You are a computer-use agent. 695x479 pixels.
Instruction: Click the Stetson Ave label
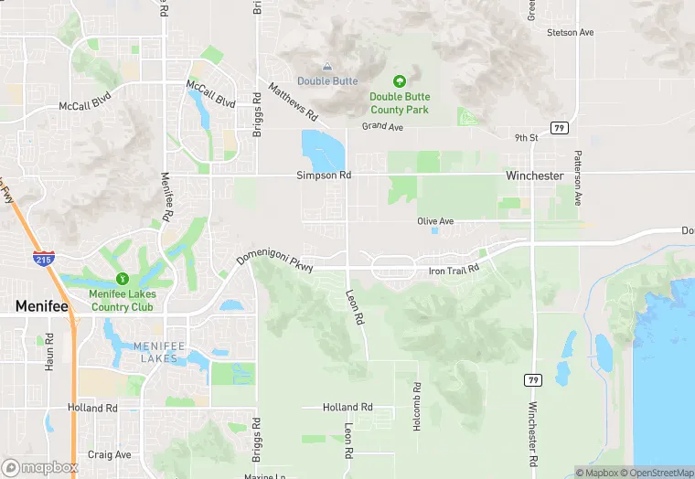[570, 33]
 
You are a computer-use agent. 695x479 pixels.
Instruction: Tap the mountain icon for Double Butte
[327, 67]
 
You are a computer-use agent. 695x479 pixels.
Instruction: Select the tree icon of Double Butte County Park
[399, 82]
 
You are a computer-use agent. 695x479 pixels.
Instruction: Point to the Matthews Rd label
[293, 102]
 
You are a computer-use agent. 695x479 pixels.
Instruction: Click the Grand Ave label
[382, 126]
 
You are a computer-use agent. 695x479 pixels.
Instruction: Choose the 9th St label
[526, 138]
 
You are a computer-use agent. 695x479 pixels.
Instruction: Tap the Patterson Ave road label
[578, 177]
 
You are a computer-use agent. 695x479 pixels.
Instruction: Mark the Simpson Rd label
[324, 175]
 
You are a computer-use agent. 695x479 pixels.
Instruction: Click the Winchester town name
[535, 176]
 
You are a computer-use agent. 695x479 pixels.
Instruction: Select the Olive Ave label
[435, 221]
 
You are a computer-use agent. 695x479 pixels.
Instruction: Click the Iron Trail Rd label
[454, 271]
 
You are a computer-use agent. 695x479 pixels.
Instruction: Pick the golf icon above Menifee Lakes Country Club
[122, 279]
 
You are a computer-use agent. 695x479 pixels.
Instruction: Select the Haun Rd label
[48, 351]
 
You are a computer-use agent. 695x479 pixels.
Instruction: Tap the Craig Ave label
[110, 454]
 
